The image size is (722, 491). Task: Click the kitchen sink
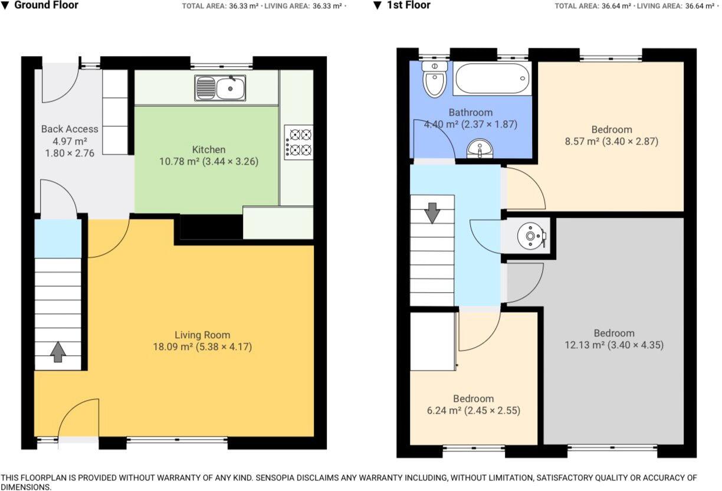coord(220,89)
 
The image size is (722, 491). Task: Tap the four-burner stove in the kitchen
coord(298,142)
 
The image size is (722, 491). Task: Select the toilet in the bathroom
coord(434,79)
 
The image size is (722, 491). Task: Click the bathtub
coord(492,79)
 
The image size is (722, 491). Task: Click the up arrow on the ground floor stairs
coord(57,352)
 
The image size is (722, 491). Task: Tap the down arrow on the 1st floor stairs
coord(432,212)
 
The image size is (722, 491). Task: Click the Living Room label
coord(202,335)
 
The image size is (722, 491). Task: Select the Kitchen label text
coord(209,149)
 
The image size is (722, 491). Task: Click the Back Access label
coord(70,129)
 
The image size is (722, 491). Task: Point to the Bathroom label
coord(470,112)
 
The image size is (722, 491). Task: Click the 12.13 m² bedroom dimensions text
coord(614,345)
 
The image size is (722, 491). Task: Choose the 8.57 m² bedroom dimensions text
coord(612,142)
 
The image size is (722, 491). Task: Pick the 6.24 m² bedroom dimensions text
coord(474,411)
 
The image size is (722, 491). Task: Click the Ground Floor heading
coord(45,5)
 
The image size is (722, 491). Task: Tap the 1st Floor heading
coord(409,5)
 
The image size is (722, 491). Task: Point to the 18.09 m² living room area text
coord(173,347)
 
